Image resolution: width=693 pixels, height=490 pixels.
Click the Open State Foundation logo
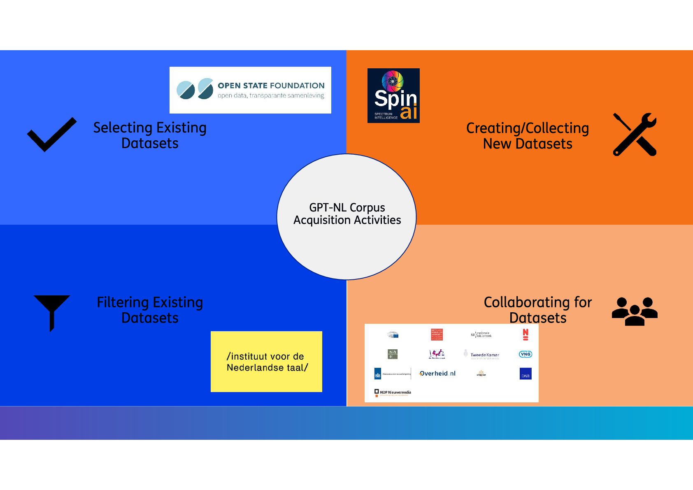point(250,90)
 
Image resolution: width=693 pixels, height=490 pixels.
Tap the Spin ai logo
point(393,95)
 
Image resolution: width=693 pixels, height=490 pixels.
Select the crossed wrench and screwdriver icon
point(635,135)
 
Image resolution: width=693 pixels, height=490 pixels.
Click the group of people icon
point(634,311)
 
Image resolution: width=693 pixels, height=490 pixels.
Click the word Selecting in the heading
point(123,128)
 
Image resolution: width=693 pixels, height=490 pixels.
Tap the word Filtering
point(123,302)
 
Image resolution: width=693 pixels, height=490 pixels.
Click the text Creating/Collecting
point(527,128)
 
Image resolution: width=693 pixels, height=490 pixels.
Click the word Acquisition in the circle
point(322,220)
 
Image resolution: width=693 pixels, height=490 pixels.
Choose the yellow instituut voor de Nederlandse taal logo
point(266,362)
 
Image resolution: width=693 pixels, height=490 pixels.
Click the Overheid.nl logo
point(437,374)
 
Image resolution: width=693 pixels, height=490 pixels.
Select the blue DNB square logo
point(526,374)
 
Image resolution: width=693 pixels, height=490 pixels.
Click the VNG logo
point(526,354)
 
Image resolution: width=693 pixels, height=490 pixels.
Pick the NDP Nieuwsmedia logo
point(393,392)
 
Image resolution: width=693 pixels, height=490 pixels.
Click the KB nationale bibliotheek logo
point(481,335)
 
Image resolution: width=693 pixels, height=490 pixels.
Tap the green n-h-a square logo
point(393,354)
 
